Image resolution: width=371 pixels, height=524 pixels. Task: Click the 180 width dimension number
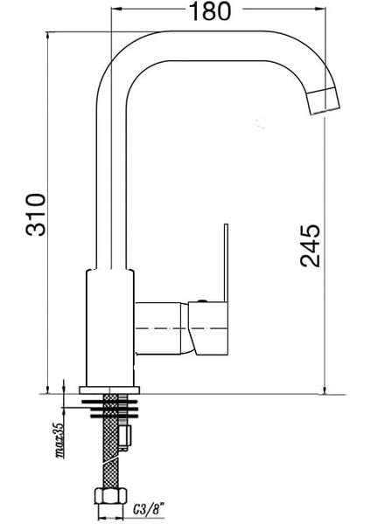[x=210, y=10]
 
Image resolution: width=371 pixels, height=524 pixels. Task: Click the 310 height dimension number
[x=36, y=215]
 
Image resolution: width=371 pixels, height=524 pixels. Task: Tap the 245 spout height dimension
[x=310, y=245]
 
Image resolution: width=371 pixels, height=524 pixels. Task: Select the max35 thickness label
[x=59, y=440]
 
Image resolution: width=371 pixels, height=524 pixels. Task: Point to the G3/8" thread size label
[x=149, y=510]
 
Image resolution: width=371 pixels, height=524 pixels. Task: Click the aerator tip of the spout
[x=324, y=101]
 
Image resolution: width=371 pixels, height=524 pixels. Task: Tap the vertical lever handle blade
[x=226, y=263]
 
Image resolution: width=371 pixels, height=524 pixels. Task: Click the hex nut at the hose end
[x=110, y=495]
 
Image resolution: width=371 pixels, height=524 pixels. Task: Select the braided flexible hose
[x=111, y=441]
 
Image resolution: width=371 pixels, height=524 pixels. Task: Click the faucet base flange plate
[x=109, y=390]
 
